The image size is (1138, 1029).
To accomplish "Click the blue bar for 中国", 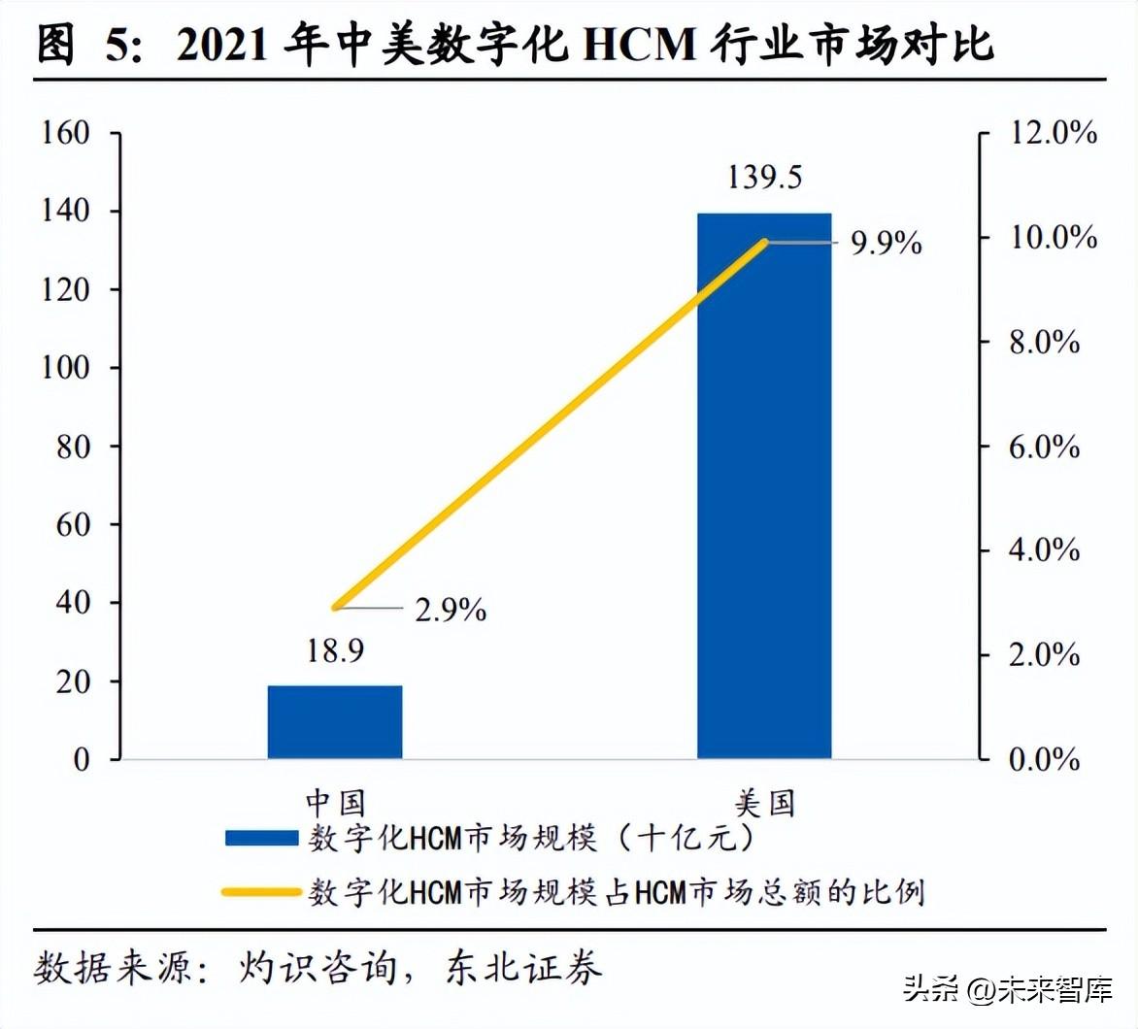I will (335, 722).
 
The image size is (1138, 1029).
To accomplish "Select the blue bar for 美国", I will (764, 485).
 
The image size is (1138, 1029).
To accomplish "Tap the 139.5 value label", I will (765, 178).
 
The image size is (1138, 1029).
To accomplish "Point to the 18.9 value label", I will (335, 651).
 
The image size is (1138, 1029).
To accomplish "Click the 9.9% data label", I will (886, 244).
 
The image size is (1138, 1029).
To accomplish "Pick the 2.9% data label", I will (451, 611).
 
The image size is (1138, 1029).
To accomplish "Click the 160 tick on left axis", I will (66, 133).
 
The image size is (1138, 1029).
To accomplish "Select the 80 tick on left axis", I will (73, 447).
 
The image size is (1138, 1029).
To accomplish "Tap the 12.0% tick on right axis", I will (1054, 133).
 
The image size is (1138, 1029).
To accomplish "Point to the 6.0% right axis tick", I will (1044, 448).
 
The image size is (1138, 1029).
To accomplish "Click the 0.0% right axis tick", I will (1044, 760).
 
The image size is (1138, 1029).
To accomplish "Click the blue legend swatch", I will (261, 838).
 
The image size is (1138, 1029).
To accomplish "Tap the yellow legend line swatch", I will (261, 891).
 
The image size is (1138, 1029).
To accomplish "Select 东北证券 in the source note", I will (524, 967).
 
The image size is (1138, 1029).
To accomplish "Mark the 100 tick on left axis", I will (66, 368).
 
